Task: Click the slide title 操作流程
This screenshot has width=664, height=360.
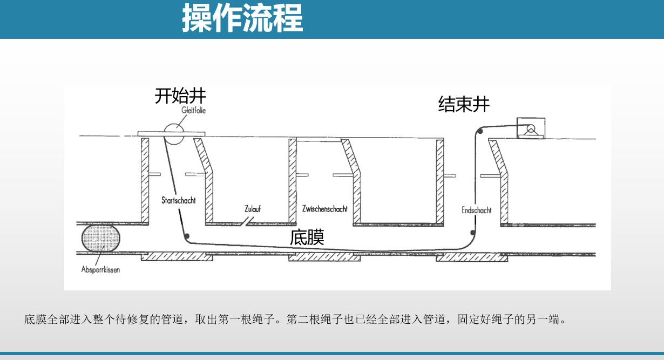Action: coord(242,18)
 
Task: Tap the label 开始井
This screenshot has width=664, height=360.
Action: coord(180,96)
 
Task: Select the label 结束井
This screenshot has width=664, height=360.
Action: coord(464,104)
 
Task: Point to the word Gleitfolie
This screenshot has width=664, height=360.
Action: coord(193,110)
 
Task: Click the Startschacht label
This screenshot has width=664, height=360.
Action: coord(179,200)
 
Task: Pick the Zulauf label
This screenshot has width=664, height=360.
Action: coord(253,209)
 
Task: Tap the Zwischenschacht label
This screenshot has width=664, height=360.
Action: coord(324,209)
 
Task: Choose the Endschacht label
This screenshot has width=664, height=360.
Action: coord(476,210)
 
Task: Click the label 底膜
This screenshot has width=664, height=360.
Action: coord(307,237)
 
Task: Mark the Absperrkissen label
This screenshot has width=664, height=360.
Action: coord(100,270)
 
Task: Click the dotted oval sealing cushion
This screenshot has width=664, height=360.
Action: coord(101,238)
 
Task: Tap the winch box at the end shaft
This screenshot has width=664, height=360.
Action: coord(531,128)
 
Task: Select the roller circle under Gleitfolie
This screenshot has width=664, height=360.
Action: coord(174,134)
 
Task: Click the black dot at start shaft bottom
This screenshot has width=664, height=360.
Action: coord(187,236)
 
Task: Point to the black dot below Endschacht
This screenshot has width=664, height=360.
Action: coord(473,233)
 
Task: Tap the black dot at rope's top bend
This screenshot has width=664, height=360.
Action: coord(480,131)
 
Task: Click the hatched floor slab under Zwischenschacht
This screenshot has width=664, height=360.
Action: coord(324,257)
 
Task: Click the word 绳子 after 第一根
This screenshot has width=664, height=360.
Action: coord(263,320)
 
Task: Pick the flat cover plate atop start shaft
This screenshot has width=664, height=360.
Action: coord(171,134)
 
